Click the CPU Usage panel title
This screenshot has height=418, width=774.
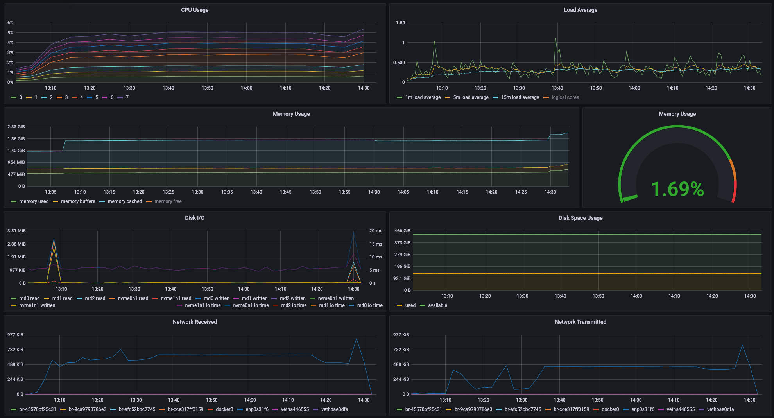(x=195, y=10)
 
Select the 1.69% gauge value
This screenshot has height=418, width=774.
(x=677, y=189)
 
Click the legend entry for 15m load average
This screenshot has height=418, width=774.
(x=520, y=97)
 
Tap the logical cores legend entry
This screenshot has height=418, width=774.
(x=565, y=97)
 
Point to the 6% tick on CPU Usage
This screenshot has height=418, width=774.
(x=10, y=23)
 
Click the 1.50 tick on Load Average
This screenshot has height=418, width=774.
(x=400, y=23)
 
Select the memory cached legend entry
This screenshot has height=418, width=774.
(x=125, y=201)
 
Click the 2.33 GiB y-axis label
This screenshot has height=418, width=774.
(x=16, y=127)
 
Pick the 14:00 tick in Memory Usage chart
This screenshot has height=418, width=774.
(x=374, y=192)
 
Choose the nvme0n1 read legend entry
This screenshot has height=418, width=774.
(x=133, y=298)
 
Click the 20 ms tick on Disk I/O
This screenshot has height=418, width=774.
(x=375, y=231)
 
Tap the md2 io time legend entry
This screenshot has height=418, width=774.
(x=294, y=305)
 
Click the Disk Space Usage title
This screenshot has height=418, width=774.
(x=580, y=218)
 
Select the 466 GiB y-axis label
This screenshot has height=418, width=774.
(x=402, y=231)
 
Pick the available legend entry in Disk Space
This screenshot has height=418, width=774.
(x=437, y=305)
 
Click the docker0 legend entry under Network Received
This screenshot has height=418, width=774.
(x=224, y=409)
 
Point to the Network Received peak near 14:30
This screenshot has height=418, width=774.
(x=356, y=339)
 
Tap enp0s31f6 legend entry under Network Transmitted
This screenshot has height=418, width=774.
(x=643, y=409)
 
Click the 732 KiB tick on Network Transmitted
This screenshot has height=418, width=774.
(x=401, y=350)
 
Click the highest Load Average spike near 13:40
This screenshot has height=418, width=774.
(x=555, y=38)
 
